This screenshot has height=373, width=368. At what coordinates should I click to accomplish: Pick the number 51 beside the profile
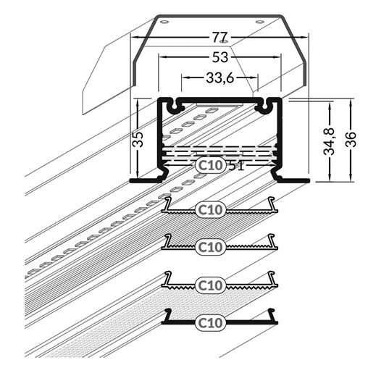point(237,165)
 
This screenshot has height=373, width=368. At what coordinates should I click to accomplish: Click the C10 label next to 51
point(210,165)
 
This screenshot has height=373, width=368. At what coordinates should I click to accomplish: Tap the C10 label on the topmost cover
point(210,209)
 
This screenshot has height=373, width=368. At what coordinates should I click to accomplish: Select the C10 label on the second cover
point(210,246)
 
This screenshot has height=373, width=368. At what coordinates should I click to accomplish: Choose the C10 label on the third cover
point(210,285)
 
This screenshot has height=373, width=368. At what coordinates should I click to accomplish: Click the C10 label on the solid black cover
point(210,321)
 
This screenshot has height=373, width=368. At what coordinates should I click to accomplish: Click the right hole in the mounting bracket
point(259,22)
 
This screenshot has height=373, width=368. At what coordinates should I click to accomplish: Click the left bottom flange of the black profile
point(145,178)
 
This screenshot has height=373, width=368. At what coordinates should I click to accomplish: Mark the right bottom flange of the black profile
point(293,178)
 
